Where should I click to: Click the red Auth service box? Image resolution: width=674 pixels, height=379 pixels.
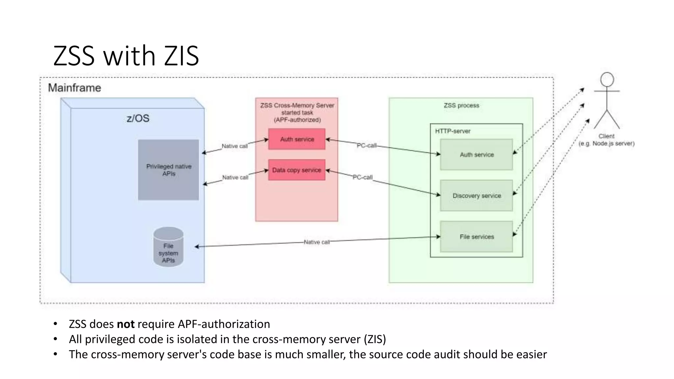pyautogui.click(x=297, y=139)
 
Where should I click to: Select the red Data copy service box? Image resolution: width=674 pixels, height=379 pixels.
pyautogui.click(x=297, y=170)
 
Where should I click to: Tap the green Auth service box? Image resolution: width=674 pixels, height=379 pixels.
pyautogui.click(x=476, y=155)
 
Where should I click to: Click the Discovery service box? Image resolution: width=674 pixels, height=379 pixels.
pyautogui.click(x=476, y=196)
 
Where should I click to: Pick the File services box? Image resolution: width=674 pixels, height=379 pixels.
pyautogui.click(x=476, y=237)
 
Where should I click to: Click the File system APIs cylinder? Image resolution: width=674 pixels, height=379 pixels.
pyautogui.click(x=168, y=247)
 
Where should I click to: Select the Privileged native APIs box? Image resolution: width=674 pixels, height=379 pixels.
pyautogui.click(x=168, y=170)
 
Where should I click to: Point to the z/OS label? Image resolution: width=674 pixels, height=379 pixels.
pyautogui.click(x=138, y=118)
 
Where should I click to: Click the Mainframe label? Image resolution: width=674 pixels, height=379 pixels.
pyautogui.click(x=74, y=88)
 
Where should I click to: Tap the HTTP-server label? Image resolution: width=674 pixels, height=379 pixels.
pyautogui.click(x=453, y=131)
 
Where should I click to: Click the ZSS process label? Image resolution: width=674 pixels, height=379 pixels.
pyautogui.click(x=461, y=105)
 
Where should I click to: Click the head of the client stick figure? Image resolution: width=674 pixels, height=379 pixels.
pyautogui.click(x=607, y=80)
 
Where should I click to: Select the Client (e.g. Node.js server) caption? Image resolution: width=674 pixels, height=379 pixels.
pyautogui.click(x=606, y=140)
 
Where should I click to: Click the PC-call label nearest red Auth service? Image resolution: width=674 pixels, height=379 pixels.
pyautogui.click(x=367, y=145)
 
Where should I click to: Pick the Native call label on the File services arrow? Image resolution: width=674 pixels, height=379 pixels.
pyautogui.click(x=316, y=242)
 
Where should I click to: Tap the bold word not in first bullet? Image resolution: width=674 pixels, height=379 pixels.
pyautogui.click(x=126, y=324)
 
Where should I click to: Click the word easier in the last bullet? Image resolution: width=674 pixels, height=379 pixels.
pyautogui.click(x=531, y=354)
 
